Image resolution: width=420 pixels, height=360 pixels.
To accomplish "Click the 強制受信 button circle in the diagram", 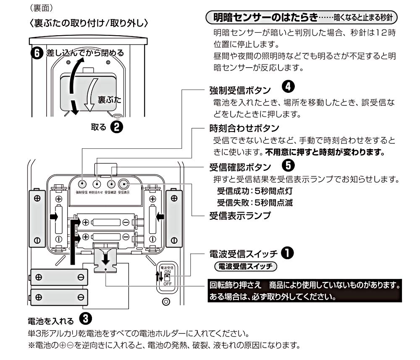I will [83, 184].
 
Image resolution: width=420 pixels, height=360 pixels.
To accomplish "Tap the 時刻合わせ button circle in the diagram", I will [97, 184].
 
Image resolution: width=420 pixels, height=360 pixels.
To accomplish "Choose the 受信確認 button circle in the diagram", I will [111, 184].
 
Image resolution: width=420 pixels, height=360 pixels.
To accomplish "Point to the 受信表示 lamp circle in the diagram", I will [123, 184].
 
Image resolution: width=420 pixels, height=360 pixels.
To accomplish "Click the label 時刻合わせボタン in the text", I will [239, 128].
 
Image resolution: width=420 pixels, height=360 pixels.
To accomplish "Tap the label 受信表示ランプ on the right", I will [239, 216].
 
